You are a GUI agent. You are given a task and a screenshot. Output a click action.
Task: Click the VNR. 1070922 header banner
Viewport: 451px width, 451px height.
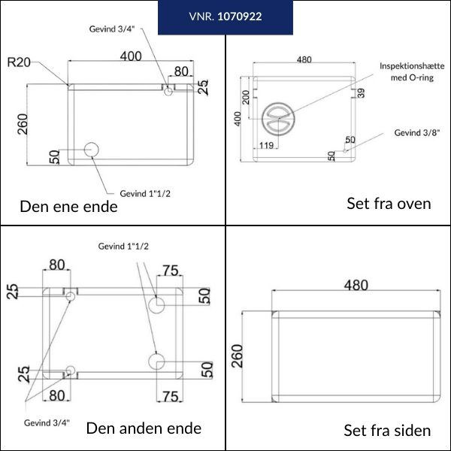(225, 17)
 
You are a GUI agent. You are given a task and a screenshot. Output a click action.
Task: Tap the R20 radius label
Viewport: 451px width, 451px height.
(19, 62)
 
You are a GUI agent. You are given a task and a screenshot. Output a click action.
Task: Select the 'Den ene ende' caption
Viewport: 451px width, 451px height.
(68, 207)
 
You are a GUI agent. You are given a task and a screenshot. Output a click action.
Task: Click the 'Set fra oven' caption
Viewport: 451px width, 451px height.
(389, 204)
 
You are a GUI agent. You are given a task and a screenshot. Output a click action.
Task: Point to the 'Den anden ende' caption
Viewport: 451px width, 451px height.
(144, 428)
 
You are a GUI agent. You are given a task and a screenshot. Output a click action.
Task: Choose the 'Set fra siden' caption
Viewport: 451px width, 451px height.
(387, 431)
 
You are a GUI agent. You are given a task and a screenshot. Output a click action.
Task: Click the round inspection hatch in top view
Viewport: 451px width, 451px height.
(278, 119)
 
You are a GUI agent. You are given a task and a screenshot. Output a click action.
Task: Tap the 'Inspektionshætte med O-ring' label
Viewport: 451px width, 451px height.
(412, 71)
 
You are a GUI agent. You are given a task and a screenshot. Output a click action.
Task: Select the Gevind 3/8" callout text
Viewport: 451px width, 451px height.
(417, 132)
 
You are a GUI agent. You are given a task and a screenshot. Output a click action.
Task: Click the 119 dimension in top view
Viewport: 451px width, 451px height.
(266, 145)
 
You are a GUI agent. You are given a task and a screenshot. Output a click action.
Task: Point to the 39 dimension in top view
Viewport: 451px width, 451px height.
(361, 93)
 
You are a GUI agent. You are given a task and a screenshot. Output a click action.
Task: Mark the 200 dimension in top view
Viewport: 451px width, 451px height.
(246, 97)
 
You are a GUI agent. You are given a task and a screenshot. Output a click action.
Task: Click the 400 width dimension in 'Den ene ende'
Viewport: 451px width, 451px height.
(131, 56)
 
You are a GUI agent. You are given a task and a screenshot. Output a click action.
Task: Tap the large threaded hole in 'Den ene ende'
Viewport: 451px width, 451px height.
(92, 150)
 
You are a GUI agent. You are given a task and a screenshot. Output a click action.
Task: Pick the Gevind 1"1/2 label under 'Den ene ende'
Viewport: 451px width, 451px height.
(145, 194)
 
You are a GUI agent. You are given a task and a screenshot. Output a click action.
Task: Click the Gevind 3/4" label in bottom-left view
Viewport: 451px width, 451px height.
(47, 422)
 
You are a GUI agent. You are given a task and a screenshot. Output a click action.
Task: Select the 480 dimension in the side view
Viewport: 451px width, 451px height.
(356, 285)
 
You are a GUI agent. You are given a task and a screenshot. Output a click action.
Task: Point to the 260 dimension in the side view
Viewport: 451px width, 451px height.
(238, 356)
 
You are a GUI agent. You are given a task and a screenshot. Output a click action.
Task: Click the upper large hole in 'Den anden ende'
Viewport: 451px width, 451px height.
(156, 305)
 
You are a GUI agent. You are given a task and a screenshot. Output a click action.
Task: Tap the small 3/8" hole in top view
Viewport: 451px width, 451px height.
(345, 151)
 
